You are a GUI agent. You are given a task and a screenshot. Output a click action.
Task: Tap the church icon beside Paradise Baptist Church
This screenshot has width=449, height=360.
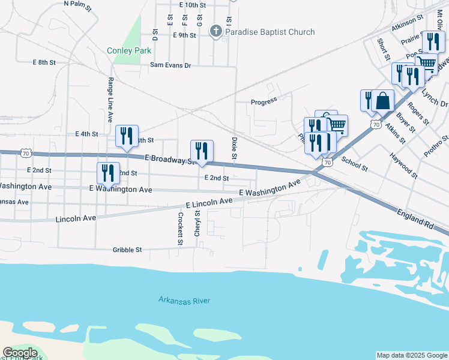click(217, 31)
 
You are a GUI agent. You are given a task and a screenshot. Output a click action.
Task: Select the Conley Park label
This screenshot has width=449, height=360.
click(129, 51)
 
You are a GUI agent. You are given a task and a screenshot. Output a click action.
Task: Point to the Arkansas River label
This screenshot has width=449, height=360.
click(184, 299)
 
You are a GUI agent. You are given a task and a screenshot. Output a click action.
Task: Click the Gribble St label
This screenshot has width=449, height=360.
click(127, 250)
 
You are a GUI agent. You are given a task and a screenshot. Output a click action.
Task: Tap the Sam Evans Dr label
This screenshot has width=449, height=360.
click(170, 65)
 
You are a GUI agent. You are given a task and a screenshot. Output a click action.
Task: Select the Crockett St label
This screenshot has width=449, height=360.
click(179, 229)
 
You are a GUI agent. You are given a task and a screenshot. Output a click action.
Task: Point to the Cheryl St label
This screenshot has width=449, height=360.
click(197, 223)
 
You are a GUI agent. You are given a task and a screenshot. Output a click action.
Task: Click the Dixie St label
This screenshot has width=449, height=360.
click(234, 149)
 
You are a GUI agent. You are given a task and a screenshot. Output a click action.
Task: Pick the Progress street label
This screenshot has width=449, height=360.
click(264, 100)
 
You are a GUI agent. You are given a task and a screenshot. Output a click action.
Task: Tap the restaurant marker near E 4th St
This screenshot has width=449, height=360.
click(127, 137)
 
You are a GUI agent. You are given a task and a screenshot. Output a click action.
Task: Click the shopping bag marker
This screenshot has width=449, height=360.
click(382, 101)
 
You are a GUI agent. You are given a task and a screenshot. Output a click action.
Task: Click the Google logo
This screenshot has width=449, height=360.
click(20, 353)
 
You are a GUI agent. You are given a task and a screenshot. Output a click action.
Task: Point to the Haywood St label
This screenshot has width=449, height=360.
click(403, 165)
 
